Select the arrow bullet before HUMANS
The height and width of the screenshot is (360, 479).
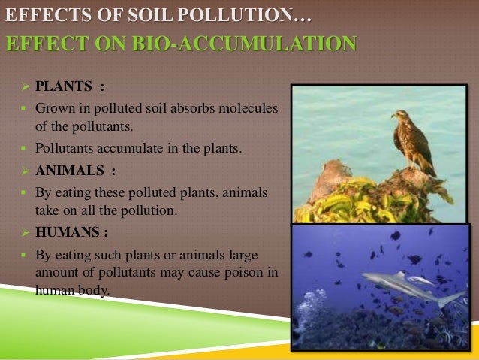[x=23, y=231]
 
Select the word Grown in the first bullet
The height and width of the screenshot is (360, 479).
[x=54, y=110]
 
